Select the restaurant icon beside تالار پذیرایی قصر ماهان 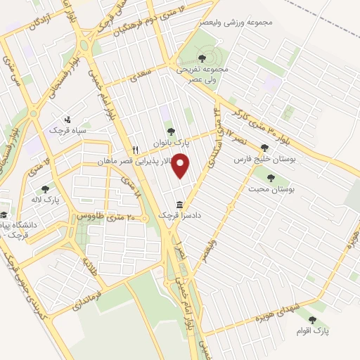136,150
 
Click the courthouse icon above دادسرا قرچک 181,205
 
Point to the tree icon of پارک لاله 46,188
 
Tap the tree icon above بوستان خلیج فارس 264,148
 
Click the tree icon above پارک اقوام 312,319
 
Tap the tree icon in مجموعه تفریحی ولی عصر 202,58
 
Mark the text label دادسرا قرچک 182,216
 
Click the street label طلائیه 91,266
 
